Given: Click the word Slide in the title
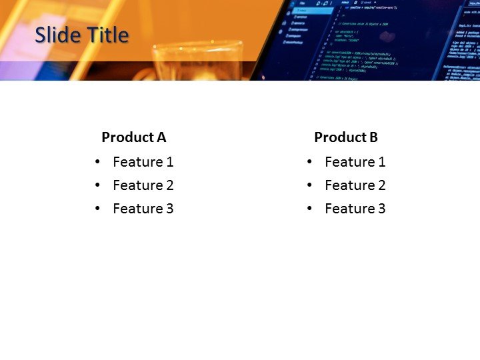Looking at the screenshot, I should [x=56, y=35].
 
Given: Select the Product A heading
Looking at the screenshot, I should [x=133, y=137].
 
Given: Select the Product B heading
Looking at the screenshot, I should [x=346, y=137].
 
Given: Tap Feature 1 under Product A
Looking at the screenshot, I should [x=143, y=162].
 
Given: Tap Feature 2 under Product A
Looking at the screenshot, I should [x=143, y=185].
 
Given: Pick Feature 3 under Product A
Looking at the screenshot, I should [x=143, y=209].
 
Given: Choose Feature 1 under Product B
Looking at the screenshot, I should [x=355, y=162].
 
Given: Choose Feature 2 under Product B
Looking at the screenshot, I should [x=355, y=185].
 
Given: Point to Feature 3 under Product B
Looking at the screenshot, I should [x=355, y=209].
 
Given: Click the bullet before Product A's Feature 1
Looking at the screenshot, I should [x=98, y=162].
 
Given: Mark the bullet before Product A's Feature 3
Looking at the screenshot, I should [x=98, y=209].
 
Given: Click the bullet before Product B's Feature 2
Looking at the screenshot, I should [x=310, y=185].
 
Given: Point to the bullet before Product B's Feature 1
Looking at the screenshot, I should [x=310, y=162].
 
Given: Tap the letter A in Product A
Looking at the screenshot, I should [x=161, y=137].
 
